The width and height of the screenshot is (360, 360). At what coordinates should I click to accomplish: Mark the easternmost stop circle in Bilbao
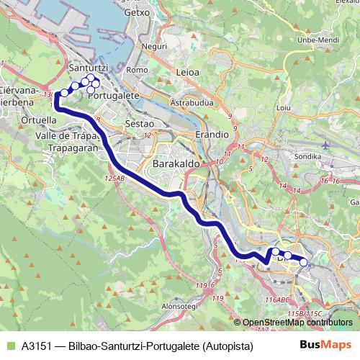303,262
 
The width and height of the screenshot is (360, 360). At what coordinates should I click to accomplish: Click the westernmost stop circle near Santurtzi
63,93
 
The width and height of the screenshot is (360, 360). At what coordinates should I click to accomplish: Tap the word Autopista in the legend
228,346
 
